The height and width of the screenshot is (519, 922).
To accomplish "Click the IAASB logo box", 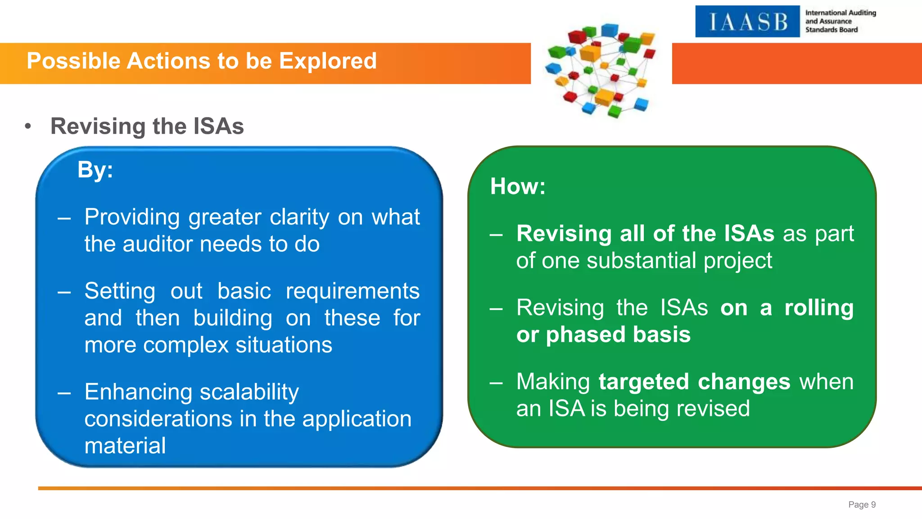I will click(747, 22).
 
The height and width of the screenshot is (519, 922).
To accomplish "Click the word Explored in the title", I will click(327, 61).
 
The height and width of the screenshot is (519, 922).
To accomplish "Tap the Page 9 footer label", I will click(862, 505).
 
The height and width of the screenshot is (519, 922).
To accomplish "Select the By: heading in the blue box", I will click(95, 170).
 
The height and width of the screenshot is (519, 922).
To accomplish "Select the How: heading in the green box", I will click(518, 187).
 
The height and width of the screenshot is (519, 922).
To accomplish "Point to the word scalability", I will click(249, 392).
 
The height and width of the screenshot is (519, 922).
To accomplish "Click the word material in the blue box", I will click(125, 446).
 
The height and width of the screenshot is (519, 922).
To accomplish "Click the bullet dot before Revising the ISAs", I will click(28, 127).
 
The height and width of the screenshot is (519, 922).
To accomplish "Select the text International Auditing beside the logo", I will click(840, 13).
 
